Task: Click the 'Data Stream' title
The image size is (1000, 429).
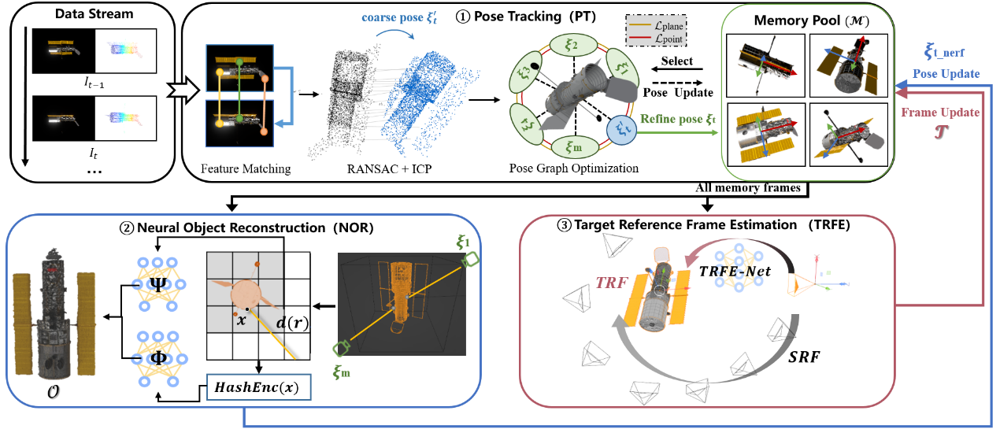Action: pos(94,14)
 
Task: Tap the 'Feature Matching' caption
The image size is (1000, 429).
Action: pos(246,168)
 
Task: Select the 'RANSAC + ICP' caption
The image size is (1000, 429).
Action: pos(389,168)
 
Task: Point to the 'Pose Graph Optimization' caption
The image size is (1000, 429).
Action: pos(574,168)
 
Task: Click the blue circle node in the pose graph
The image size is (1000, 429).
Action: pos(621,130)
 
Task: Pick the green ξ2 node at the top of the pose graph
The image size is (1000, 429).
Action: pos(572,46)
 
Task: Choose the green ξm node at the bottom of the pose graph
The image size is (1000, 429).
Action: pos(575,146)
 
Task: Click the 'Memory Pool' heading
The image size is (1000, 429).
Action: pos(811,20)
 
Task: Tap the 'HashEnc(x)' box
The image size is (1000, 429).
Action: pos(259,387)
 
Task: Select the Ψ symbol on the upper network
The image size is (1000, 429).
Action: pos(158,284)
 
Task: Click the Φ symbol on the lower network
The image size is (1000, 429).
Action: pos(158,358)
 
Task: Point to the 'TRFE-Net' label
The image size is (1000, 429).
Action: pos(735,271)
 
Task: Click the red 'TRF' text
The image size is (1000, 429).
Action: pos(612,283)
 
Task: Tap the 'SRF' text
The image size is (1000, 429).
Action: pos(804,357)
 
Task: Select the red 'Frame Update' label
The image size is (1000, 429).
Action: pos(940,113)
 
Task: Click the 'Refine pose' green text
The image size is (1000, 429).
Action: pos(678,119)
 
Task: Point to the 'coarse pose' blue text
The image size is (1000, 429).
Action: pos(399,17)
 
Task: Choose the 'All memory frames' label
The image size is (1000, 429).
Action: pos(748,188)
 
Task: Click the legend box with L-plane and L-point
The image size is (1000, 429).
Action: pos(656,31)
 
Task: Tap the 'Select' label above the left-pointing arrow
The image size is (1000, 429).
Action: pos(677,61)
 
